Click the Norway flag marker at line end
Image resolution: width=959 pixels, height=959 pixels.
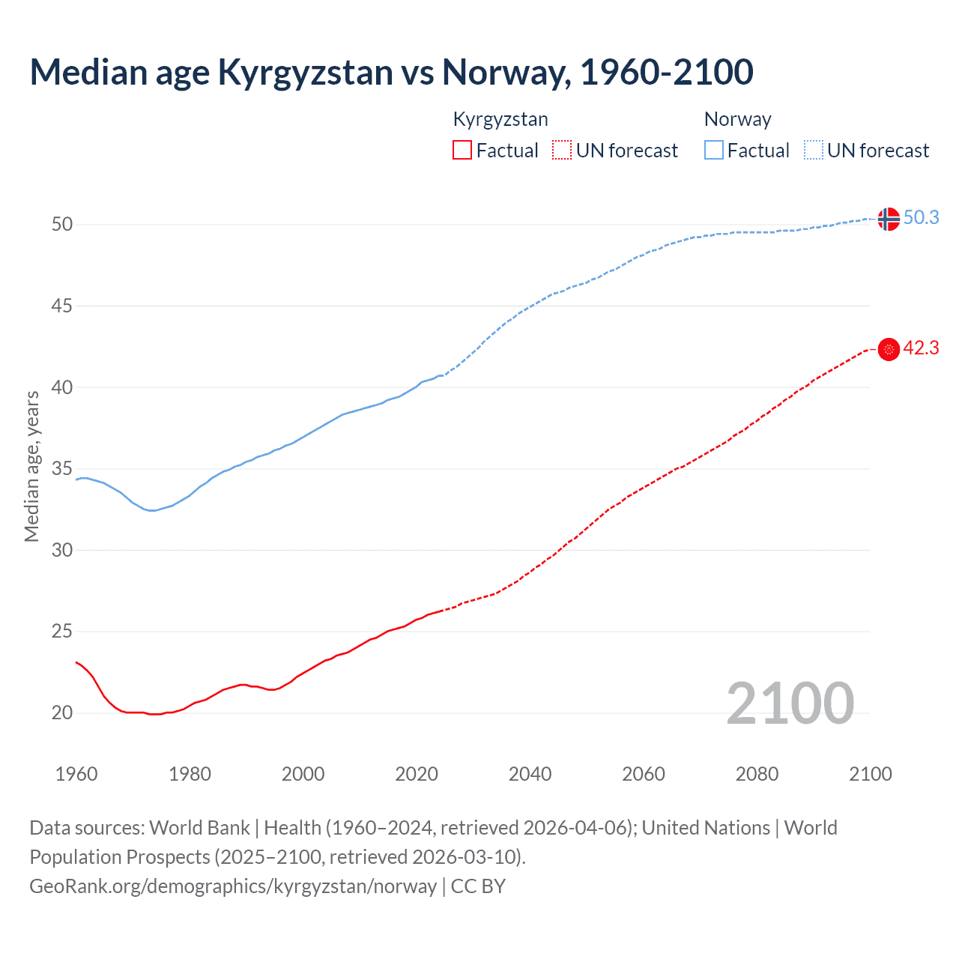click(888, 219)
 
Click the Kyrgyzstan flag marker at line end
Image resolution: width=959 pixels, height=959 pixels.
click(888, 349)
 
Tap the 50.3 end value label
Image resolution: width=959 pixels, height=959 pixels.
click(921, 217)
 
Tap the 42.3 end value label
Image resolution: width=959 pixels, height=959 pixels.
click(921, 348)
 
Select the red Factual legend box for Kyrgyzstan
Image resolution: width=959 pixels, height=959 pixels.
click(462, 151)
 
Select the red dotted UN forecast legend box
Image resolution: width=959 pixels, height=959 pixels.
click(562, 151)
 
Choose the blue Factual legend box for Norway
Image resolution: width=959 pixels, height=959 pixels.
click(714, 151)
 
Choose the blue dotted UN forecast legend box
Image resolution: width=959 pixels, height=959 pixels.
click(813, 151)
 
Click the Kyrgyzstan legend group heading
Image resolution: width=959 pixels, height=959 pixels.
click(500, 119)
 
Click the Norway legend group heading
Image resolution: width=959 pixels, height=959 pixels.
click(737, 119)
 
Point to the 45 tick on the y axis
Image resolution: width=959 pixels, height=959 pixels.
click(62, 306)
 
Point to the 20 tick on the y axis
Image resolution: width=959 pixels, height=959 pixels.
click(62, 713)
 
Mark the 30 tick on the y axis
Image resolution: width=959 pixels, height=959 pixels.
click(62, 550)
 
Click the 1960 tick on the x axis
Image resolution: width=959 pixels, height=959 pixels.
click(76, 774)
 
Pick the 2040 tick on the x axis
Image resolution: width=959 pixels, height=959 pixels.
click(530, 774)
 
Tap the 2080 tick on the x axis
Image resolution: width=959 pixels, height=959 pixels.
click(757, 774)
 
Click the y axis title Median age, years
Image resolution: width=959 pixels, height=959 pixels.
click(31, 466)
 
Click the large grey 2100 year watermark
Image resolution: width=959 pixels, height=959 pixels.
click(790, 703)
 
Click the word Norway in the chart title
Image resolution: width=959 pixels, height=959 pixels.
click(501, 72)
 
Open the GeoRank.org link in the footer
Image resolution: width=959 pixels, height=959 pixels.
click(232, 886)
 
